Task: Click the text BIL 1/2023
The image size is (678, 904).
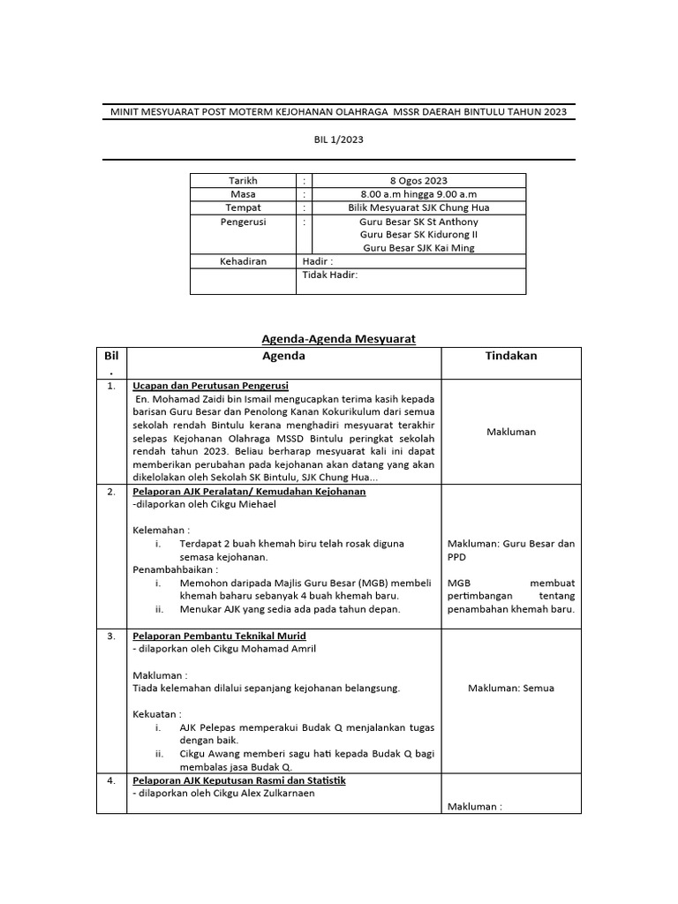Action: (x=339, y=139)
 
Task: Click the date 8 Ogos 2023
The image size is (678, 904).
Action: (x=418, y=181)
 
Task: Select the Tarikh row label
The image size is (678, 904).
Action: (x=243, y=181)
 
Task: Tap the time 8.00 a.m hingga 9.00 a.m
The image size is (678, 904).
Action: (x=418, y=194)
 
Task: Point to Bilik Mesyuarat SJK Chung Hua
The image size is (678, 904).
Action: (x=418, y=207)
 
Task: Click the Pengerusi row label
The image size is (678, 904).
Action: (x=243, y=222)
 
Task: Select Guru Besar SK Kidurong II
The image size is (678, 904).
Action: (x=418, y=235)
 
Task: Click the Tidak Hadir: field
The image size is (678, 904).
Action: (x=329, y=275)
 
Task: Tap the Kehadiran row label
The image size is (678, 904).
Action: (x=243, y=261)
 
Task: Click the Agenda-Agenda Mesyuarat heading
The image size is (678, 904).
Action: (x=338, y=338)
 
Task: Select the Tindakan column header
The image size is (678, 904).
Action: (x=510, y=356)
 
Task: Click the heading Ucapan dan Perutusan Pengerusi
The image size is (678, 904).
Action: (x=210, y=386)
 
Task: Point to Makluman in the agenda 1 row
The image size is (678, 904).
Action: (x=510, y=432)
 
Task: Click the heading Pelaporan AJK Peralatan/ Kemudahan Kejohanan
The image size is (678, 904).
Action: (x=249, y=491)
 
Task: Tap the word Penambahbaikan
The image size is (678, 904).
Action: (x=175, y=570)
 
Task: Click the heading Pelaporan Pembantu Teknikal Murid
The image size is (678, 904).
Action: (x=219, y=636)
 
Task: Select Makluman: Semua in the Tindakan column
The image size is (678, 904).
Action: (x=510, y=688)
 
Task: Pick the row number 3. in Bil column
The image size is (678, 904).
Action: (x=111, y=636)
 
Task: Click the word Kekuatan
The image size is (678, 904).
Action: (x=157, y=714)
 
